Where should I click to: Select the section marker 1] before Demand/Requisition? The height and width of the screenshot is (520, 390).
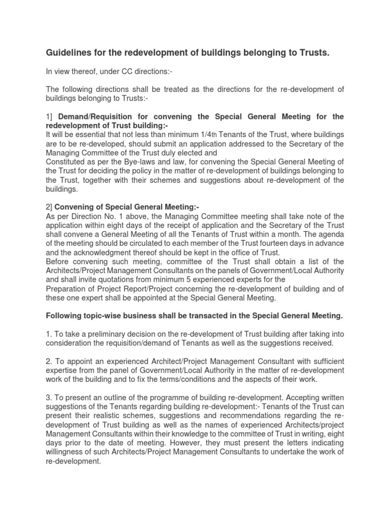[x=49, y=117]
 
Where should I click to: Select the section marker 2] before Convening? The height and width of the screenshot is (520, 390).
[x=49, y=207]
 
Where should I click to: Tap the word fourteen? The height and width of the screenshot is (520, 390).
[x=283, y=243]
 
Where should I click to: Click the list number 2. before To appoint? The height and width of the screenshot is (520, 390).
[x=49, y=362]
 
